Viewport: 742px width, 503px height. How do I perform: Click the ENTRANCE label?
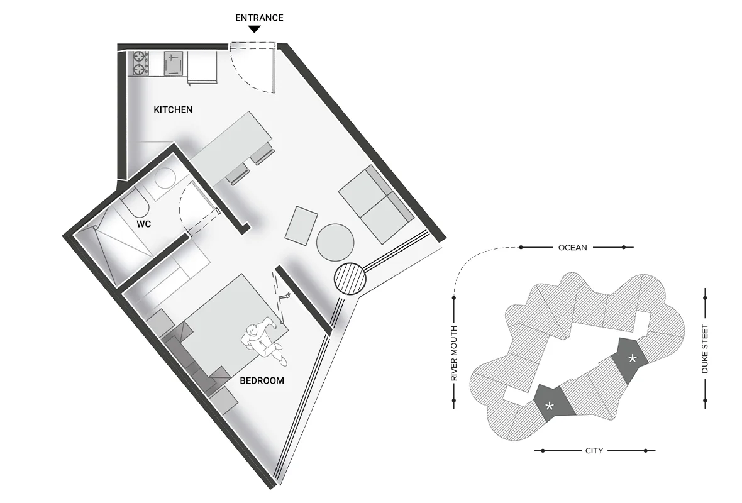[x=259, y=18]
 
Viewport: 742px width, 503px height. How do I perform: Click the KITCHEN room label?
[x=173, y=110]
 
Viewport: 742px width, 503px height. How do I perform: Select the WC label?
[x=144, y=224]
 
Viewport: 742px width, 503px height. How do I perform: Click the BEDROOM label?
[x=262, y=380]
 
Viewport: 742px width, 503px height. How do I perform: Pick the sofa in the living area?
[x=376, y=204]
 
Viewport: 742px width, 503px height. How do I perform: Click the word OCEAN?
[x=573, y=248]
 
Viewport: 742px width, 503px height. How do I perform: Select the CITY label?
[x=594, y=450]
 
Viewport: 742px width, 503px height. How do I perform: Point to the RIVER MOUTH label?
[x=454, y=353]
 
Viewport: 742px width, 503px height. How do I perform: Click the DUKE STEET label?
[x=705, y=349]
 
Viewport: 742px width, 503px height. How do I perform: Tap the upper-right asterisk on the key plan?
[x=632, y=358]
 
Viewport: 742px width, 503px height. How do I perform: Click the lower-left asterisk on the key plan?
[x=550, y=406]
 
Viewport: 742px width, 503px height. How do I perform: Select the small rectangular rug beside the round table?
[x=301, y=226]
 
